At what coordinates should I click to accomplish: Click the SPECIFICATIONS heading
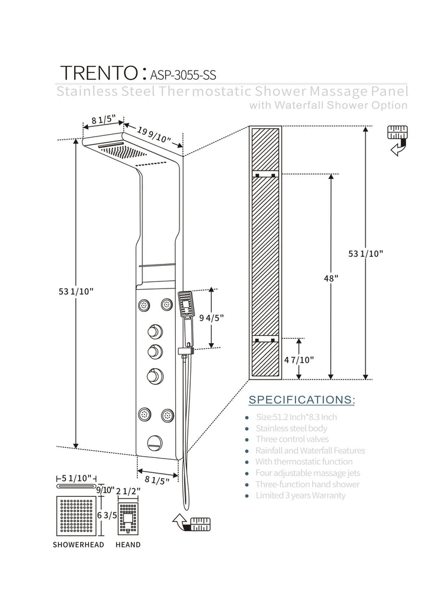pyautogui.click(x=301, y=399)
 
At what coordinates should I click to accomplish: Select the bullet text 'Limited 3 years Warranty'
pyautogui.click(x=300, y=495)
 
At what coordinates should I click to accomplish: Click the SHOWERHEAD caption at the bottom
pyautogui.click(x=78, y=545)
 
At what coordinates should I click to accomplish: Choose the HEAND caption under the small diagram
pyautogui.click(x=128, y=545)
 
